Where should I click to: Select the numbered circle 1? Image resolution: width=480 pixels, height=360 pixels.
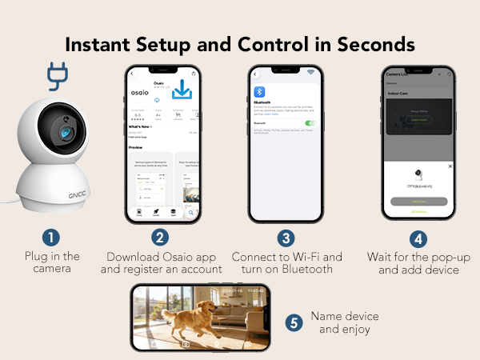pyautogui.click(x=51, y=238)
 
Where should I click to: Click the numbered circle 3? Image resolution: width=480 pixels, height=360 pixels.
pyautogui.click(x=286, y=238)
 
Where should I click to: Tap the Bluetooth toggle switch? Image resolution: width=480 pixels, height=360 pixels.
pyautogui.click(x=310, y=123)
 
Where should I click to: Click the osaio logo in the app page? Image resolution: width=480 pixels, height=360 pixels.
pyautogui.click(x=141, y=93)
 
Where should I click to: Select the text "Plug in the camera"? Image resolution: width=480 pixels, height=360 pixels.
pyautogui.click(x=52, y=262)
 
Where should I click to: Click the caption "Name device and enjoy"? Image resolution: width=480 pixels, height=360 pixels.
pyautogui.click(x=344, y=322)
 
